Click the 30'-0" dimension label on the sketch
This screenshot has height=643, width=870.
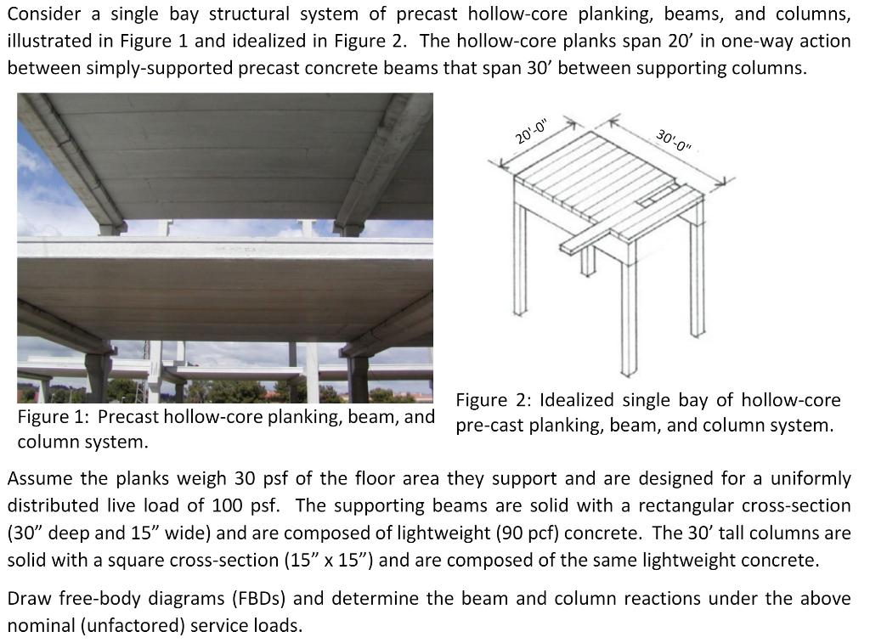click(674, 139)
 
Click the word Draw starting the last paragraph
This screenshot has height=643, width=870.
click(28, 598)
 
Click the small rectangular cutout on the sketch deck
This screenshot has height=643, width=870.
click(655, 200)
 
